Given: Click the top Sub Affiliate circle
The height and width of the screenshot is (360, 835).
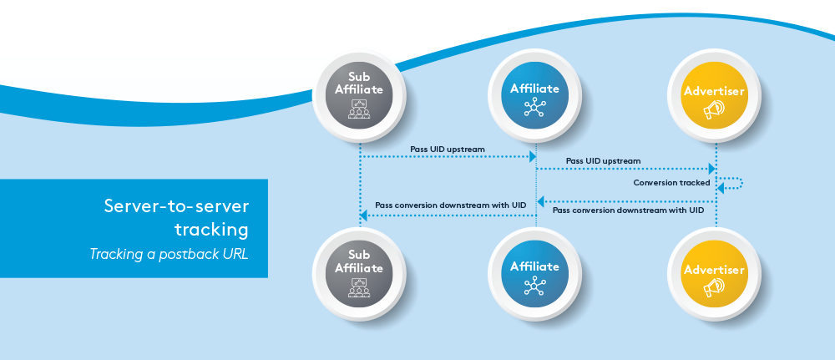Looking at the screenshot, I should click(359, 97).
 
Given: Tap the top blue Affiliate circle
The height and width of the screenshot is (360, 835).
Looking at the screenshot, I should click(534, 97).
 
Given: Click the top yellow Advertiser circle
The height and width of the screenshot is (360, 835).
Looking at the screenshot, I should click(714, 99).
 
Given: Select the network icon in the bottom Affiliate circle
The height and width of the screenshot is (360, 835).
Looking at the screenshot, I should click(534, 286).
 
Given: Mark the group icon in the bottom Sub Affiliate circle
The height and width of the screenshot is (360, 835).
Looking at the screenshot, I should click(359, 286).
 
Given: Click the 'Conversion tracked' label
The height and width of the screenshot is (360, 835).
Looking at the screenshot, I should click(671, 182).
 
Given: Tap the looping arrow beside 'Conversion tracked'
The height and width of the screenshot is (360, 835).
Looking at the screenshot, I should click(731, 184).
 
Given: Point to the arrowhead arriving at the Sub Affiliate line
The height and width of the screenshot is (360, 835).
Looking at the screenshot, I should click(363, 216).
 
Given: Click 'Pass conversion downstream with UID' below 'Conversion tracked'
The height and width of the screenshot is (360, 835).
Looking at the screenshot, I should click(628, 210).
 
